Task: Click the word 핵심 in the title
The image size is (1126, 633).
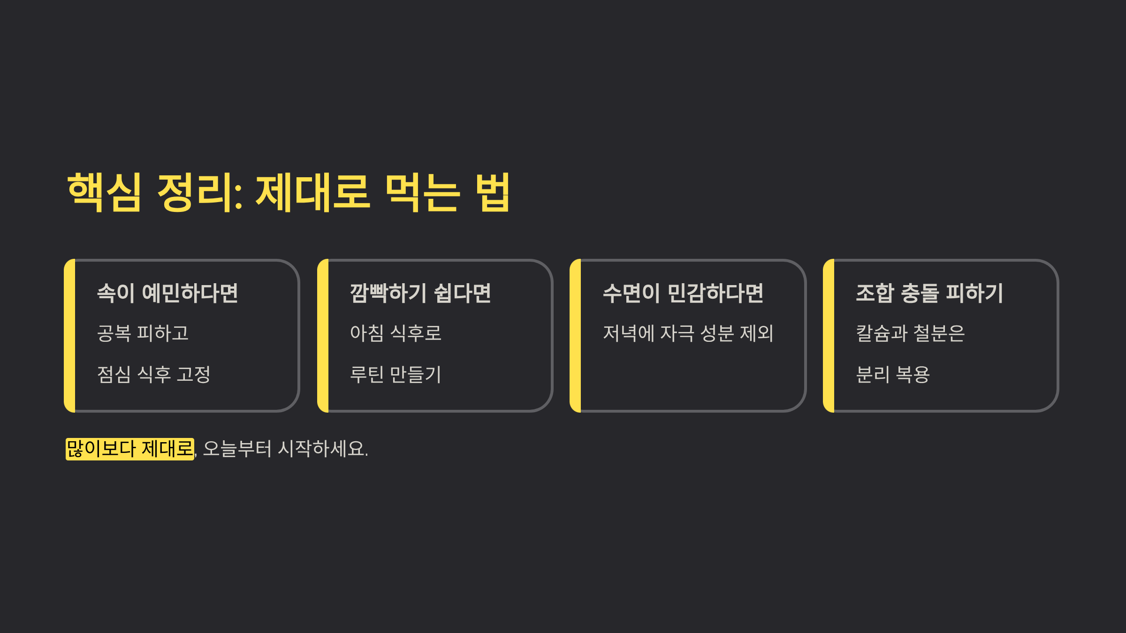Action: click(x=104, y=192)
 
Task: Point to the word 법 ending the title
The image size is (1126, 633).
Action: click(x=493, y=192)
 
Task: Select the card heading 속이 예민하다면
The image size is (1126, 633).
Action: click(x=167, y=293)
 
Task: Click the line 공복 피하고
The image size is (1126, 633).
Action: click(x=143, y=333)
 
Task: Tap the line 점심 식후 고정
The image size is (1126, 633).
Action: click(x=153, y=374)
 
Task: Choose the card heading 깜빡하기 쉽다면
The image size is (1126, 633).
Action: click(x=420, y=293)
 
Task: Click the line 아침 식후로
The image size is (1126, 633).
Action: click(x=396, y=333)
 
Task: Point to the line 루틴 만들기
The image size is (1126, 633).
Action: click(x=396, y=374)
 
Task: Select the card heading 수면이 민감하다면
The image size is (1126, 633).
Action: click(x=683, y=293)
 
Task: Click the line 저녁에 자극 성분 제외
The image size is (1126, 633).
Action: click(x=688, y=333)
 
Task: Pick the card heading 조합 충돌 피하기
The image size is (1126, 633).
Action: click(x=929, y=293)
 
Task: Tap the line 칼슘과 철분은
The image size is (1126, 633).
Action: click(x=910, y=333)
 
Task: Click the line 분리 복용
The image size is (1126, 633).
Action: click(x=892, y=374)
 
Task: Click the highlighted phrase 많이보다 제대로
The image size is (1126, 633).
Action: click(x=129, y=449)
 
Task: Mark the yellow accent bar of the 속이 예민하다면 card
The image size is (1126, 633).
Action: click(x=70, y=336)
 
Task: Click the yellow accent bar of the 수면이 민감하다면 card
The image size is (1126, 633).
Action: click(x=576, y=336)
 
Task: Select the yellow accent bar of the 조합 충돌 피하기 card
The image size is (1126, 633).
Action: click(x=829, y=336)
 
